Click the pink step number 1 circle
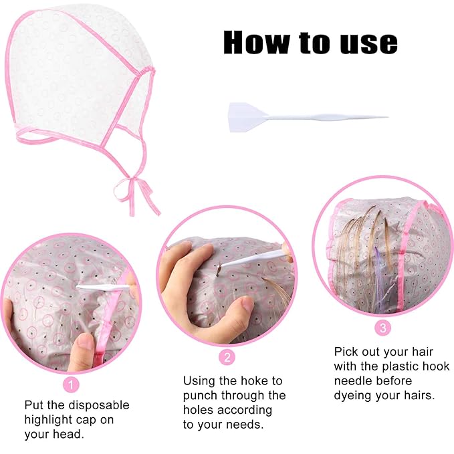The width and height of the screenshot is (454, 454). (71, 384)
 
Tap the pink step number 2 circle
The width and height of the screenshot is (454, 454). (228, 357)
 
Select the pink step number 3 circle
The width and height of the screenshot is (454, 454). (382, 328)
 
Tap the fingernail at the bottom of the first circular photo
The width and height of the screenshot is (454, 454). (83, 342)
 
